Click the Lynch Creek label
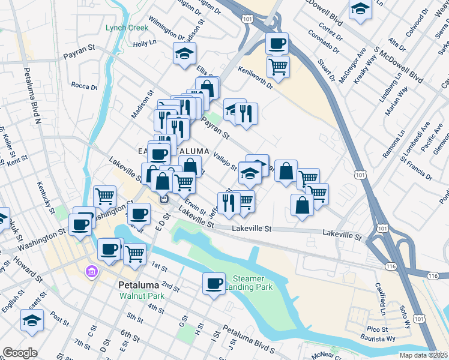click(x=126, y=28)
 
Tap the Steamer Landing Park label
click(x=249, y=283)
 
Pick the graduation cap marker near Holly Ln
click(x=184, y=53)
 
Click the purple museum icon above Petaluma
click(x=91, y=272)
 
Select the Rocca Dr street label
click(x=84, y=86)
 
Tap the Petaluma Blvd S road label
click(x=249, y=338)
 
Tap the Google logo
click(x=19, y=353)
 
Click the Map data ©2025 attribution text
click(x=423, y=355)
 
